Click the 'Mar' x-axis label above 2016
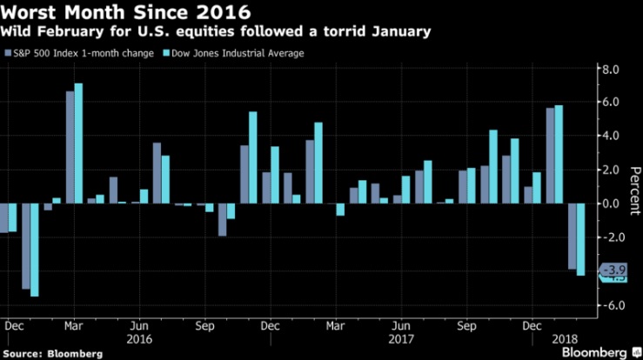pyautogui.click(x=74, y=326)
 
